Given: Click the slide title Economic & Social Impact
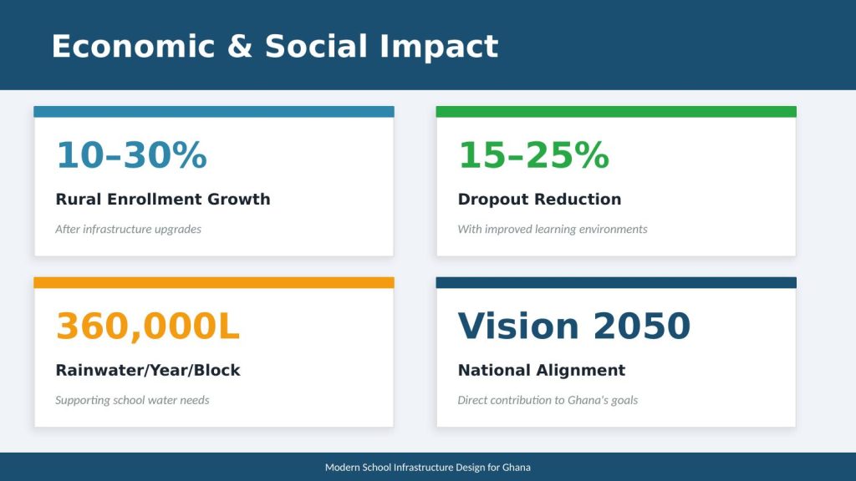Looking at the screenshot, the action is click(274, 47).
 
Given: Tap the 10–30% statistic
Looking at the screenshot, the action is click(131, 154).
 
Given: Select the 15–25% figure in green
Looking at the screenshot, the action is click(533, 154).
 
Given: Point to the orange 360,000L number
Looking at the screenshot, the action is click(147, 327).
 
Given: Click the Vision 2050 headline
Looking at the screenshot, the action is click(574, 327).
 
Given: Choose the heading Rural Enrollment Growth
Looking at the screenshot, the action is click(163, 199).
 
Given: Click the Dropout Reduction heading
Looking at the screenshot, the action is click(539, 199).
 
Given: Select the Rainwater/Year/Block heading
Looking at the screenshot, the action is click(148, 370).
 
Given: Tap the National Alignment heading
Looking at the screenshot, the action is click(542, 370).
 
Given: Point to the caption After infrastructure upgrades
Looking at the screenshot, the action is click(128, 229).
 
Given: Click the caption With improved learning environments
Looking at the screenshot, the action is click(553, 229).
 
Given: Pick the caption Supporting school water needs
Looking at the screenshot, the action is click(132, 400).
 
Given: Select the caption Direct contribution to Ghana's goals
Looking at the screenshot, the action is click(548, 400).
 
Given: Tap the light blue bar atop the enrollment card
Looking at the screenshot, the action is click(214, 112).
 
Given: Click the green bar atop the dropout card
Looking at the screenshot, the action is click(616, 112).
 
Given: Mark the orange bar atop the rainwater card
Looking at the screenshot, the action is click(214, 282).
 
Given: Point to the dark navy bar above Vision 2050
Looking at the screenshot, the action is click(616, 282).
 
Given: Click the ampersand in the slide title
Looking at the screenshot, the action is click(240, 47).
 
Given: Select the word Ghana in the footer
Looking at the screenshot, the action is click(517, 468).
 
